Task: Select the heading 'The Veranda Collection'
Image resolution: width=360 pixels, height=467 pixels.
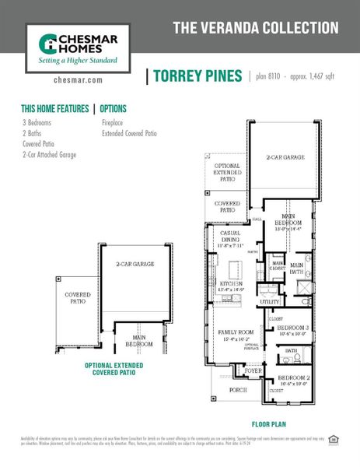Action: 255,29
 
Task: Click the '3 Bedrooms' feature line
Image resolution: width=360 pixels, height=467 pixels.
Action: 37,123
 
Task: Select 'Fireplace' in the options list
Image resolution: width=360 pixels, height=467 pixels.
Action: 114,123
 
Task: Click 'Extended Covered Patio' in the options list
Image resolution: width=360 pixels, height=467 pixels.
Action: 129,134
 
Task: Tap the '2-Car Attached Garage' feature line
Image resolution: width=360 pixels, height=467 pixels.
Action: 49,155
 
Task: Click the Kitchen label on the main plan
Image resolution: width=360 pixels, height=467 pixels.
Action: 229,283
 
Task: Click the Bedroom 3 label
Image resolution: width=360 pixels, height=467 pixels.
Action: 293,328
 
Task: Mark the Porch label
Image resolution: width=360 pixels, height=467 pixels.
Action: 238,390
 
